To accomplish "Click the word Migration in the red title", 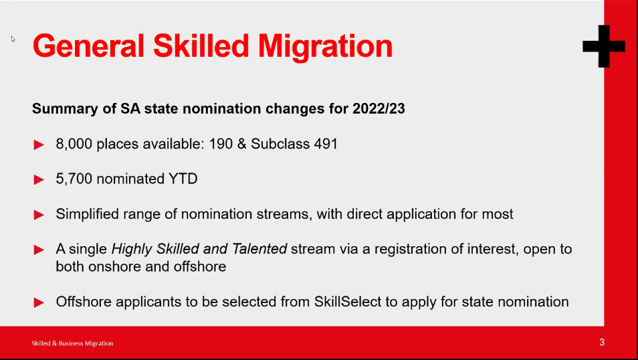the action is point(325,47).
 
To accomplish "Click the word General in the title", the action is point(89,46).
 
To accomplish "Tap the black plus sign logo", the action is point(604,46).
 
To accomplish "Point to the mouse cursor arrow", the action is point(13,39).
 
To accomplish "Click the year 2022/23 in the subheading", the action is point(379,108).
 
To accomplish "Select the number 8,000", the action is point(74,144).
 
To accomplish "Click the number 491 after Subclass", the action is point(326,144).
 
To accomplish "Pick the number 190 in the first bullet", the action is point(221,144).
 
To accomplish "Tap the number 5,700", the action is point(74,179).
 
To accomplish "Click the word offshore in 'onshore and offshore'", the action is point(200,267).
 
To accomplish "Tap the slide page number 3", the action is point(602,342).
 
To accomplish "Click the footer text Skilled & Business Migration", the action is point(72,343).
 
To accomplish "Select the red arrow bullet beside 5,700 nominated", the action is point(39,179).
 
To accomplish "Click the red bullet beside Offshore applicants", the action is point(39,302).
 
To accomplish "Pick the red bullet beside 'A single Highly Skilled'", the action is point(39,250).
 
